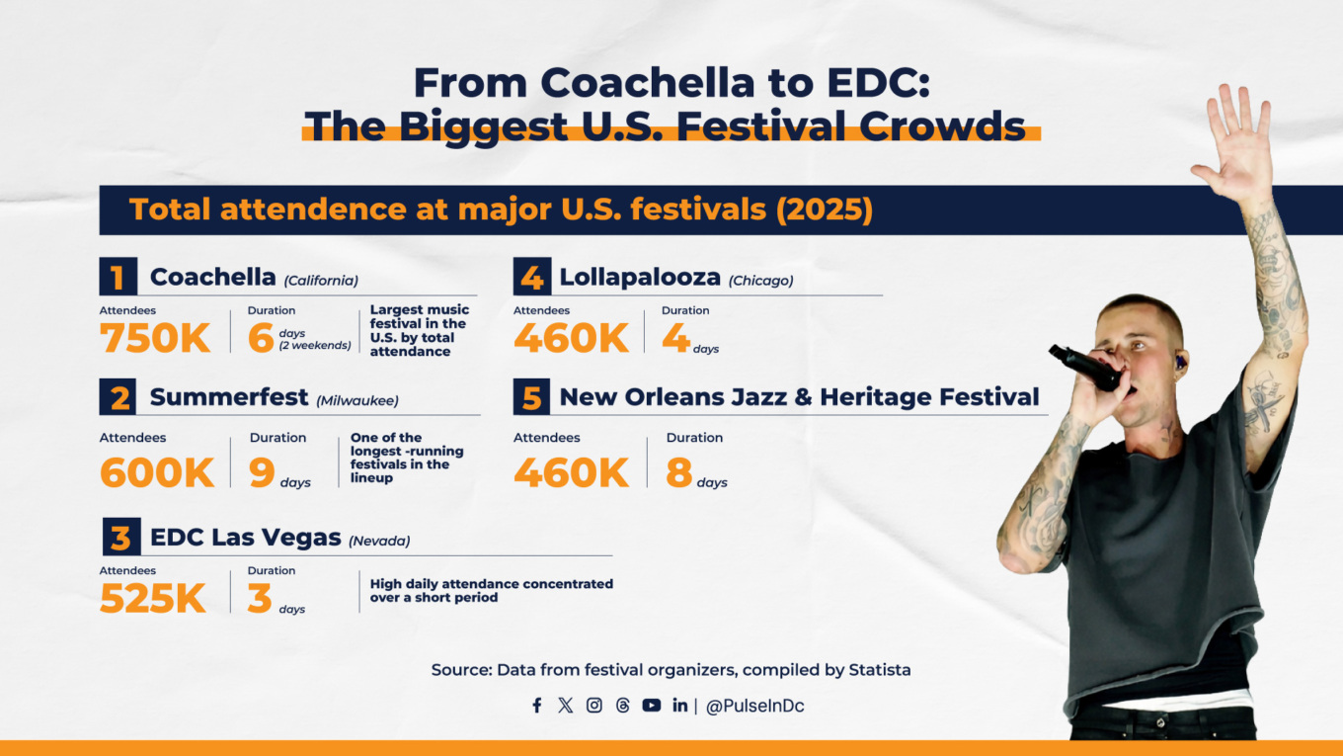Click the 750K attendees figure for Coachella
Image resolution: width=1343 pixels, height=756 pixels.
click(x=155, y=338)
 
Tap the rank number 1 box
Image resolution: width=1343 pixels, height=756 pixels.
click(x=118, y=278)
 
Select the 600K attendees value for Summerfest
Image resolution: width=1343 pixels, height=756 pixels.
click(x=157, y=472)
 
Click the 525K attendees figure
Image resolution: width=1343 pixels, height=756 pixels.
click(x=153, y=599)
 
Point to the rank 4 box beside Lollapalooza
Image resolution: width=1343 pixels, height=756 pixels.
click(x=531, y=278)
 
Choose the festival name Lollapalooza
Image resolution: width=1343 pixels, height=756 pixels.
click(x=640, y=278)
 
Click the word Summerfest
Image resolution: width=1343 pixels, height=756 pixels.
click(x=229, y=397)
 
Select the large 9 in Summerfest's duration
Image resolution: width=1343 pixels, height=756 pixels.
click(x=262, y=472)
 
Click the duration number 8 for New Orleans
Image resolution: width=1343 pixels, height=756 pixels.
click(x=679, y=472)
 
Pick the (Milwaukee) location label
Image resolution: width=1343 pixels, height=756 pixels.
click(x=357, y=400)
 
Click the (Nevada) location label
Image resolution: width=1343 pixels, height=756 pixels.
click(x=379, y=541)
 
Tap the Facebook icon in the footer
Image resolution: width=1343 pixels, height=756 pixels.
click(x=537, y=706)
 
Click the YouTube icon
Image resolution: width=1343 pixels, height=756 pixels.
click(x=652, y=706)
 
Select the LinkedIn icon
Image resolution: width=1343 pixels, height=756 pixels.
click(x=680, y=706)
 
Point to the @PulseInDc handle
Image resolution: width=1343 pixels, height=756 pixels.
click(x=755, y=707)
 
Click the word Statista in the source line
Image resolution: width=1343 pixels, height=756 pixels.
click(x=880, y=670)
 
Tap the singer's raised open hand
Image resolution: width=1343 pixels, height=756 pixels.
click(x=1233, y=144)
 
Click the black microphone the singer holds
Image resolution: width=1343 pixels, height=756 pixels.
click(x=1086, y=367)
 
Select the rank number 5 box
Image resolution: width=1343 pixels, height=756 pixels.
click(x=531, y=397)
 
